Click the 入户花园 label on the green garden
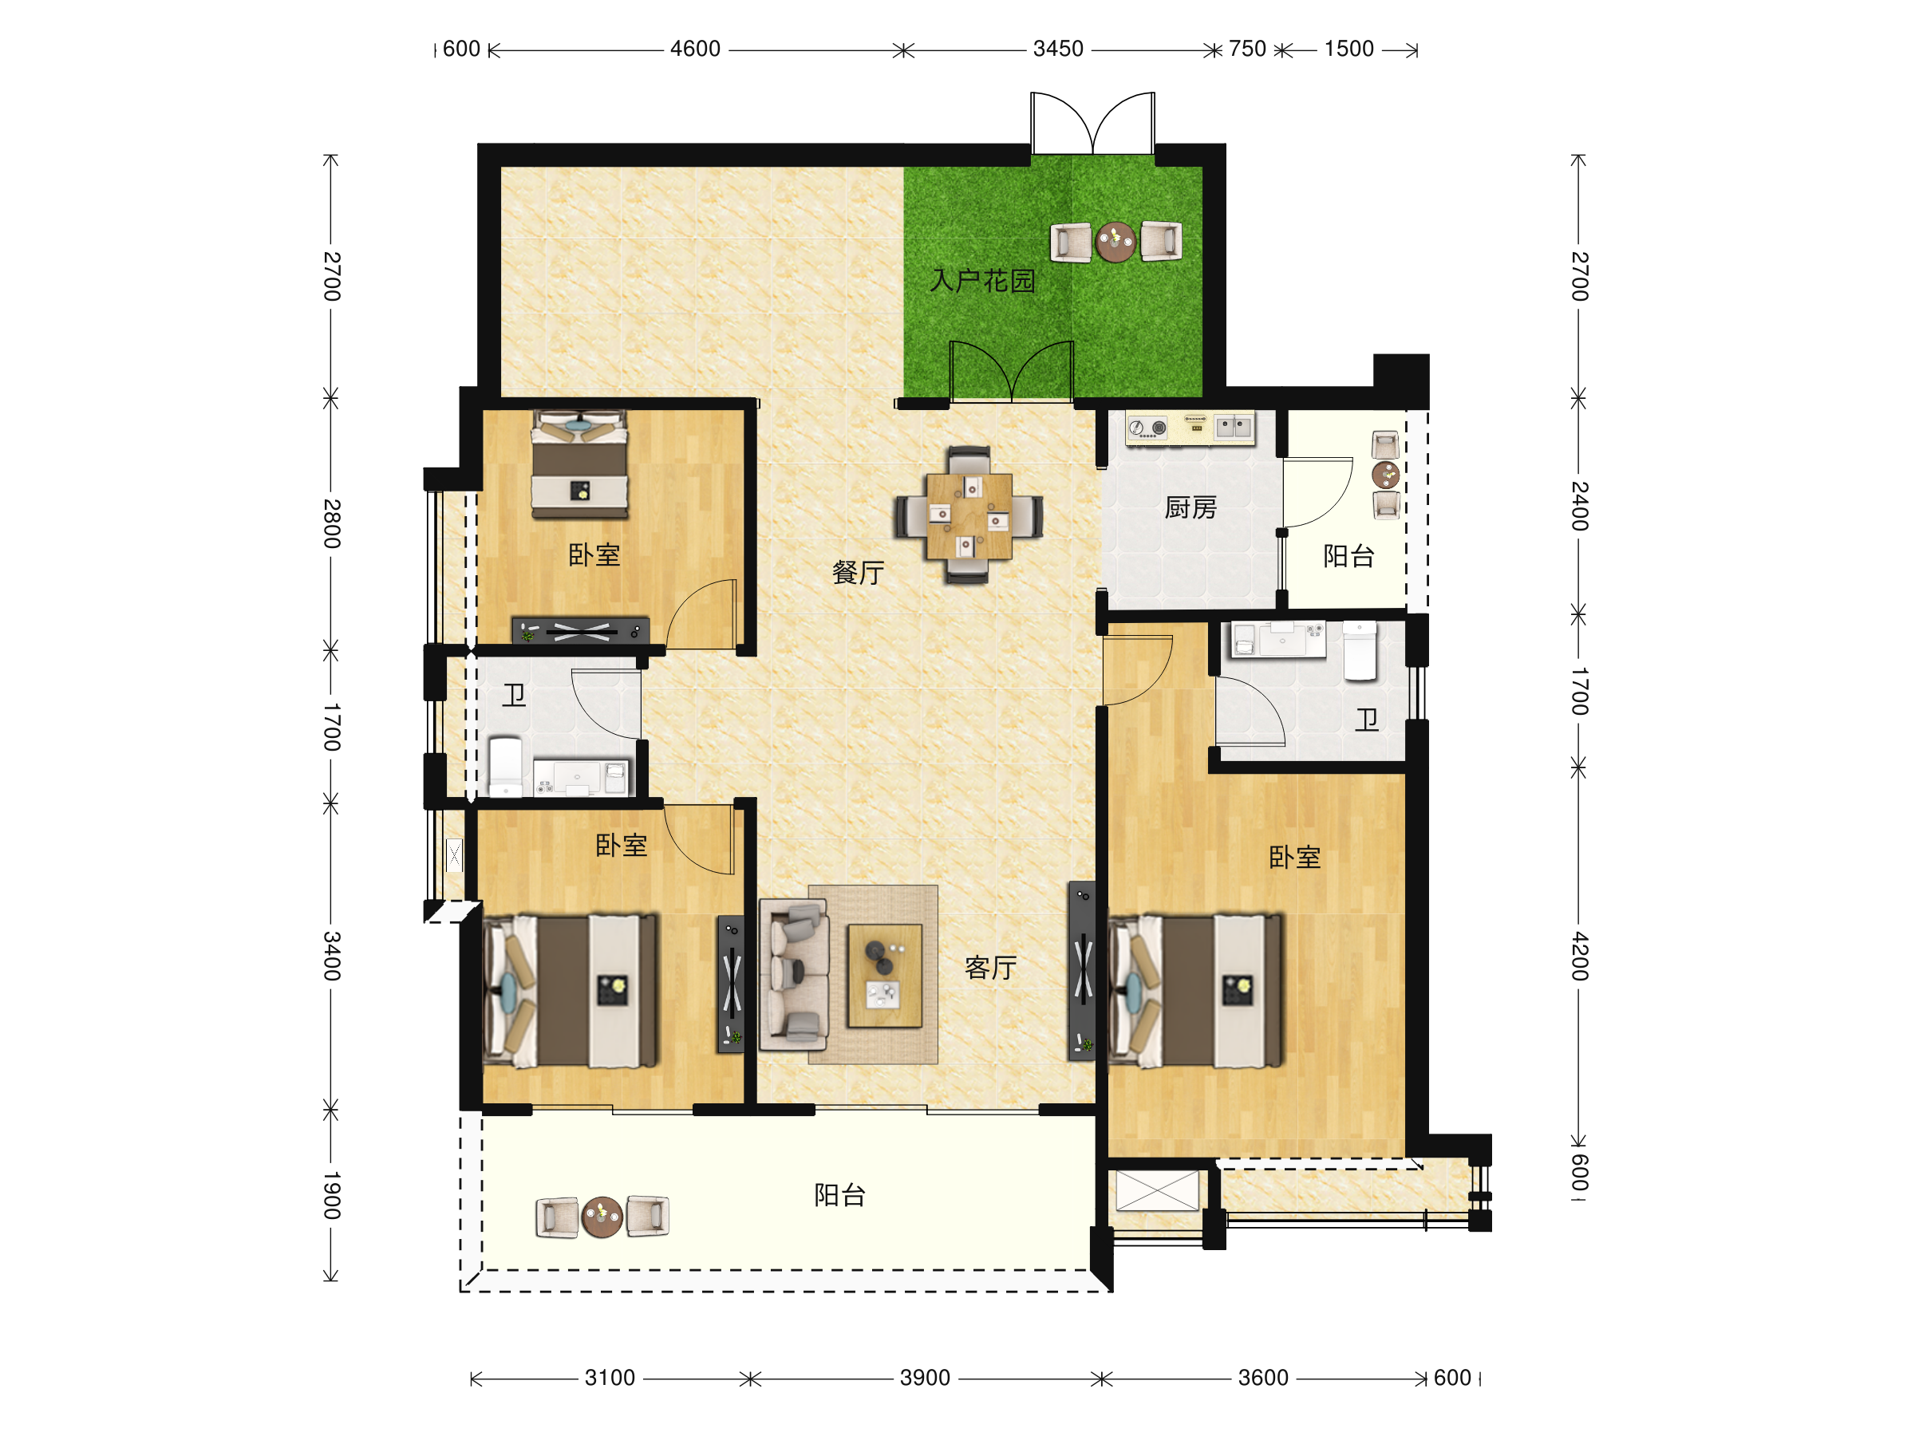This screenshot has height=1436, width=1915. tap(981, 281)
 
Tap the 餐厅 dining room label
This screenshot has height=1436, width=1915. tap(858, 572)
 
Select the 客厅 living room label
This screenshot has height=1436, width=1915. tap(990, 968)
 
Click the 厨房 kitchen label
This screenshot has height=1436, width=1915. tap(1190, 507)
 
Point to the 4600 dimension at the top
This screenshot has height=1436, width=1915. tap(695, 49)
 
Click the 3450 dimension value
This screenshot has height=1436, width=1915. tap(1058, 49)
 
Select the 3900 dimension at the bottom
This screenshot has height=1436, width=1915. tap(925, 1378)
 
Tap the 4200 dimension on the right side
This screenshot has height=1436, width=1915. tap(1580, 957)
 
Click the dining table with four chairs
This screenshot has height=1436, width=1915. tap(969, 515)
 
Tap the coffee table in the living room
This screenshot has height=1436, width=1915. tap(885, 976)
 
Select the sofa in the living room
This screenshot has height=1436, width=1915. tap(794, 975)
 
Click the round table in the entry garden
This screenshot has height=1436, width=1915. tap(1115, 242)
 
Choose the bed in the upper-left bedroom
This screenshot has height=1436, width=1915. tap(579, 464)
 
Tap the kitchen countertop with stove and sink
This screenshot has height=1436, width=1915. tap(1190, 428)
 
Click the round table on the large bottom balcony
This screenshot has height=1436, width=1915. tap(602, 1217)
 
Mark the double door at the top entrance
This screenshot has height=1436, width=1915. tap(1092, 123)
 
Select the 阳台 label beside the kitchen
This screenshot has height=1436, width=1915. tap(1348, 556)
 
